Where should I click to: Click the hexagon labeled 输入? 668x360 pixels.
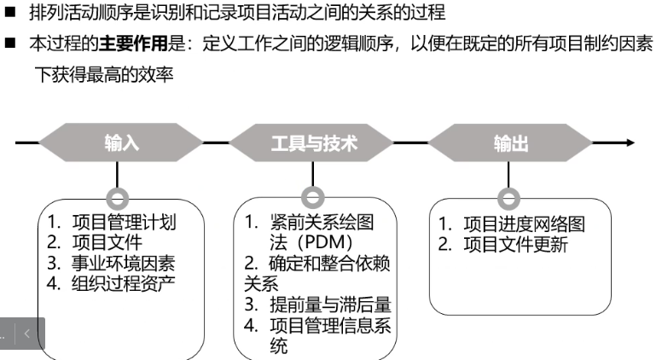pyautogui.click(x=121, y=142)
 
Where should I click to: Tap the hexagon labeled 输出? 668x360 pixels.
pyautogui.click(x=510, y=142)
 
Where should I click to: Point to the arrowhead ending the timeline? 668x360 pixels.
pyautogui.click(x=630, y=142)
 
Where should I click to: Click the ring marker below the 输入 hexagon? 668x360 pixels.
pyautogui.click(x=117, y=190)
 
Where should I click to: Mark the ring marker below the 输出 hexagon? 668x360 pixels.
pyautogui.click(x=508, y=190)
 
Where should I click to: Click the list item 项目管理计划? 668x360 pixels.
pyautogui.click(x=124, y=222)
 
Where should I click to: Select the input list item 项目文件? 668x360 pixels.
pyautogui.click(x=107, y=242)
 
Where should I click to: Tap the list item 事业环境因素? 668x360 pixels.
pyautogui.click(x=123, y=263)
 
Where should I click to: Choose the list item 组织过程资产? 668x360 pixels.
pyautogui.click(x=123, y=283)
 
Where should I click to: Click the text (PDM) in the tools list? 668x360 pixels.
pyautogui.click(x=324, y=242)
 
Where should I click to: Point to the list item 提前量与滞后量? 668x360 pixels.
pyautogui.click(x=330, y=305)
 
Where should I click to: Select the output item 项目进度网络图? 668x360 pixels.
pyautogui.click(x=524, y=224)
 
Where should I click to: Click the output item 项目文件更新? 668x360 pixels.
pyautogui.click(x=515, y=245)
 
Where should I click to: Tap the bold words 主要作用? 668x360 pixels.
pyautogui.click(x=133, y=43)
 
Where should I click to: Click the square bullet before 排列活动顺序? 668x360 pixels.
pyautogui.click(x=10, y=12)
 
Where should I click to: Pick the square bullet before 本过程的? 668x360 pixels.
pyautogui.click(x=10, y=43)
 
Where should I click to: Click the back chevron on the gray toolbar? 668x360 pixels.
pyautogui.click(x=26, y=334)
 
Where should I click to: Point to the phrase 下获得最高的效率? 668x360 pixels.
pyautogui.click(x=104, y=74)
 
